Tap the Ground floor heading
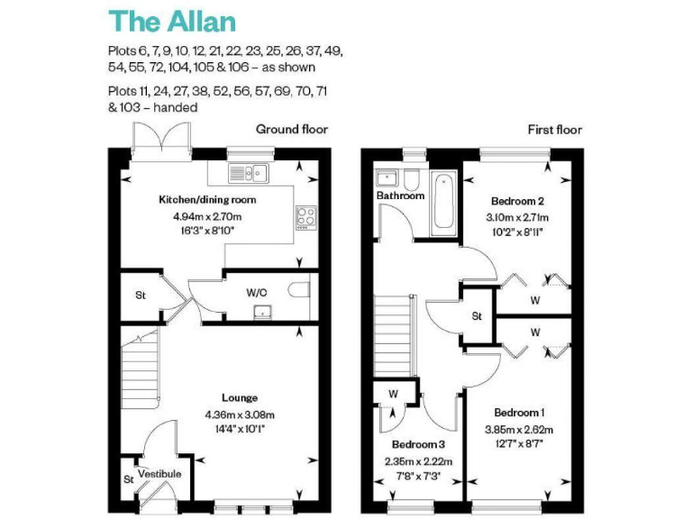click(291, 130)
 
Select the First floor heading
click(554, 130)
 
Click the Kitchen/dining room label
click(207, 199)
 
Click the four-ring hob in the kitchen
click(305, 216)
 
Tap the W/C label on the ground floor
click(257, 292)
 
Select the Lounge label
click(240, 397)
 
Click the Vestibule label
click(159, 474)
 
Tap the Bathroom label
click(399, 196)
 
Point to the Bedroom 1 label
click(517, 414)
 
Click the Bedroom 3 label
click(417, 445)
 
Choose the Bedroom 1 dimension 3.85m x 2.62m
click(518, 429)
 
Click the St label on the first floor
click(477, 317)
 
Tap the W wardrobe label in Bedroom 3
click(394, 394)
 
